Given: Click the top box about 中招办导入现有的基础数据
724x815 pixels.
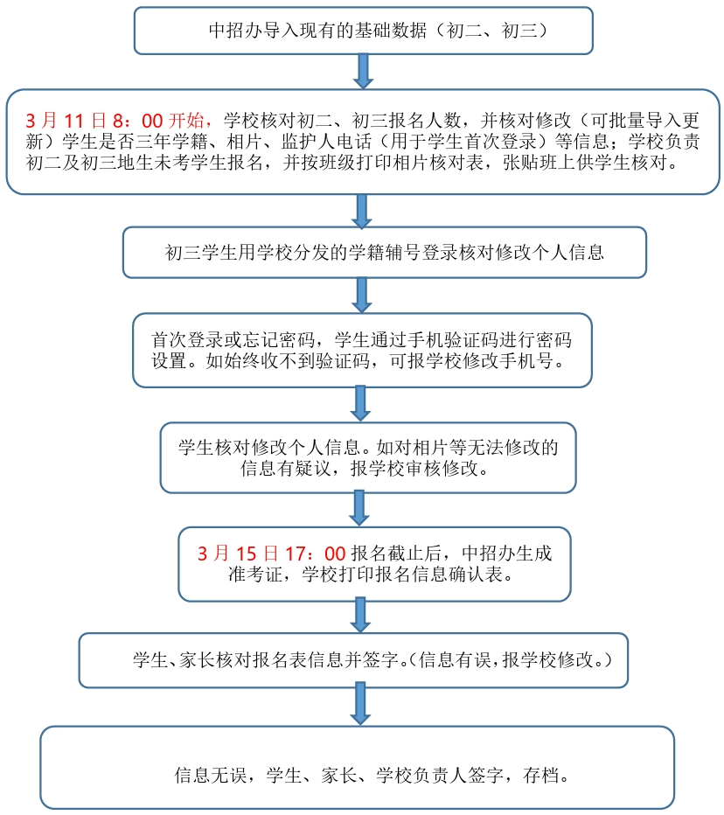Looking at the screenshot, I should [x=363, y=31].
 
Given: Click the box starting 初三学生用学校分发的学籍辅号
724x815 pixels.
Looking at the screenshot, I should [x=384, y=253].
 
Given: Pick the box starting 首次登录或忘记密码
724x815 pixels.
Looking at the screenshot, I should [x=361, y=350].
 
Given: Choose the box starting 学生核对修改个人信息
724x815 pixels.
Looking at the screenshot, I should [x=367, y=457].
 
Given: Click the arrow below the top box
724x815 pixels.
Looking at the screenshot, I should [x=363, y=71].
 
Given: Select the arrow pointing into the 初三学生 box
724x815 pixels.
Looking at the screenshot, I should [x=362, y=211].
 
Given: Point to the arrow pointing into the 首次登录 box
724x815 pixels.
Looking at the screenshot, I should [x=362, y=296].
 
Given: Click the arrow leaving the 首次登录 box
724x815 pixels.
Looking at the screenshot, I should [x=360, y=403].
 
